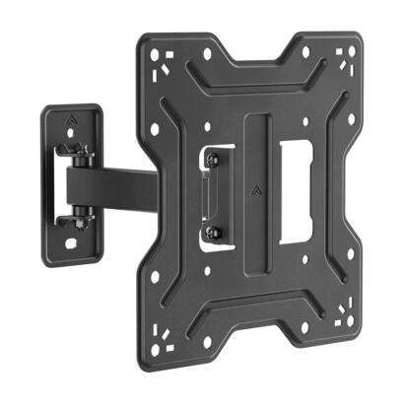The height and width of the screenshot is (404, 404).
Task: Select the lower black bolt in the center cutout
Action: point(215,233)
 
